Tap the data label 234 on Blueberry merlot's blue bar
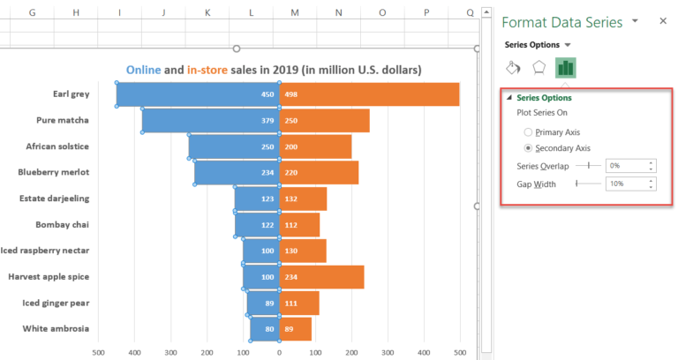[267, 173]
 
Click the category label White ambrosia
[56, 328]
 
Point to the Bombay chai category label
[62, 225]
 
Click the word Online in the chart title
[143, 70]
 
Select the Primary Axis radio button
[529, 131]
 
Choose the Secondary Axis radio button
[529, 148]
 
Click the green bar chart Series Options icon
[565, 68]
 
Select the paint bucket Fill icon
[513, 68]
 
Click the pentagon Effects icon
[539, 68]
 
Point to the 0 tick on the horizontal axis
[279, 352]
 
